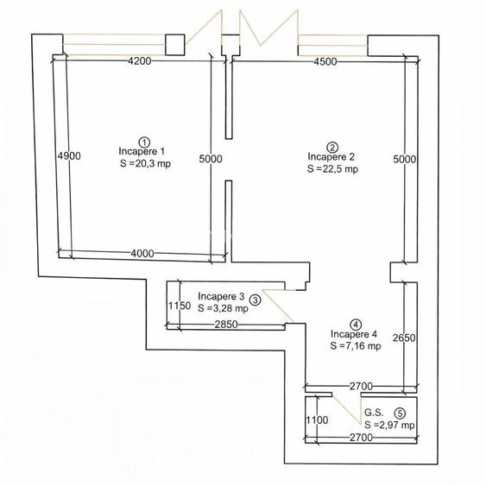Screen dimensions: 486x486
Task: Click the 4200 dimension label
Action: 140,61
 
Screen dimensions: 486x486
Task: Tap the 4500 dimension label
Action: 325,61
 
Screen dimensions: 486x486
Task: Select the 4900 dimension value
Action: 69,156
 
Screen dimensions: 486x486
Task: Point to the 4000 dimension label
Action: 142,254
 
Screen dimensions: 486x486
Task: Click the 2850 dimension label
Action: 226,325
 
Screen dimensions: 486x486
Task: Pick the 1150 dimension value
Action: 180,306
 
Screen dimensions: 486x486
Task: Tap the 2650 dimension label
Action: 404,338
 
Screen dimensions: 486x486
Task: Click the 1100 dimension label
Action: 317,420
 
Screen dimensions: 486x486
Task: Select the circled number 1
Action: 144,142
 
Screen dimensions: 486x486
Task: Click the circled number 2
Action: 332,148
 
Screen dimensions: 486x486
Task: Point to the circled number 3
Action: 256,300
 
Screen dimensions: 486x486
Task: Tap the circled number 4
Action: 356,325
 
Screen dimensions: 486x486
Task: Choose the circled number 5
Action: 400,413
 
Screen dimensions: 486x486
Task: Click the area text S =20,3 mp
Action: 145,163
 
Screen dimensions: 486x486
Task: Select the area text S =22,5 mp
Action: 332,169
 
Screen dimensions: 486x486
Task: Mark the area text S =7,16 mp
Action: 356,346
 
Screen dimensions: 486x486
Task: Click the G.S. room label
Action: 374,413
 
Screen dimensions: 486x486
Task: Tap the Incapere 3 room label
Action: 221,296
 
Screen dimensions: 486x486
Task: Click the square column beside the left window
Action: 175,45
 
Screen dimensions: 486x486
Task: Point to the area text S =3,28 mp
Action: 223,308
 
